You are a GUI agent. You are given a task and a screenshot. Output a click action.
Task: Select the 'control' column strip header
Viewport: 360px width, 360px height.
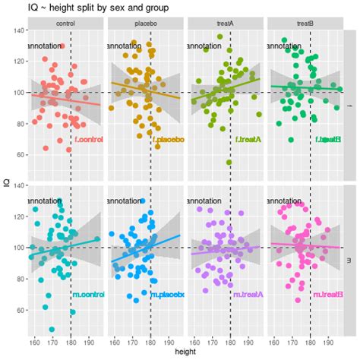point(65,24)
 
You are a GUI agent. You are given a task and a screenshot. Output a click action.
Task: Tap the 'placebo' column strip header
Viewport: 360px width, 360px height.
point(145,24)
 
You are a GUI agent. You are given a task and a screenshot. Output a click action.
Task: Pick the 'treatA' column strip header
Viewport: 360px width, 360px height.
point(225,24)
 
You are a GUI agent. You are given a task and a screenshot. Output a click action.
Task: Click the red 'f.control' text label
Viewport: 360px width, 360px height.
point(88,140)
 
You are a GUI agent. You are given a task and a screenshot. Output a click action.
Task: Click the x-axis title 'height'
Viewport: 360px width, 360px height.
point(185,353)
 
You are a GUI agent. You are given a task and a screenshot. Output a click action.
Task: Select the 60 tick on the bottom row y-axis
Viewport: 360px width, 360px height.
point(19,311)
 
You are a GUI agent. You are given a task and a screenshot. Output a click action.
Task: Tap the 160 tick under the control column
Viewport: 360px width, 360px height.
point(34,342)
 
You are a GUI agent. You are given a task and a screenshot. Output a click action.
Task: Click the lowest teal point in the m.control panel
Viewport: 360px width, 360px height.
point(52,330)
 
